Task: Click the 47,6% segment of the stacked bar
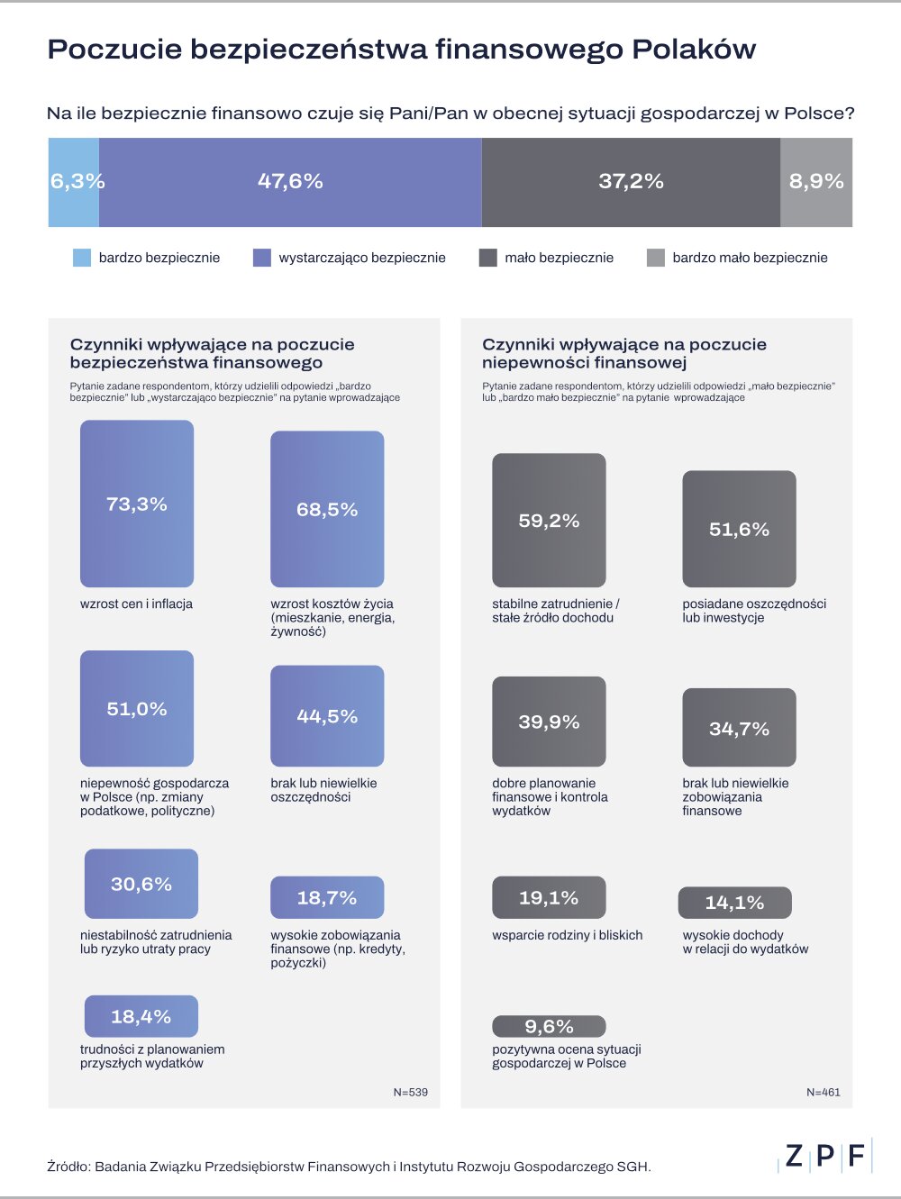click(290, 182)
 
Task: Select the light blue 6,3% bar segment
click(74, 182)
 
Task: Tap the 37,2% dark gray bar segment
click(631, 182)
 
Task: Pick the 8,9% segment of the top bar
click(816, 182)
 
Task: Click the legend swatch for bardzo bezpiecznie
click(82, 259)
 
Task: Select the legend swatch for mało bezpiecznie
click(487, 259)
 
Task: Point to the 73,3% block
click(137, 504)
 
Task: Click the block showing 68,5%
click(327, 510)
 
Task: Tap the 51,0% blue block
click(137, 709)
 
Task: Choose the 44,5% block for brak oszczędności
click(327, 716)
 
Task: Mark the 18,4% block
click(141, 1016)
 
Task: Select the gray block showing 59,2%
click(549, 521)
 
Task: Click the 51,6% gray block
click(739, 529)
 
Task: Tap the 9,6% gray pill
click(549, 1027)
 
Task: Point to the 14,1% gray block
click(734, 903)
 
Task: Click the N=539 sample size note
click(411, 1092)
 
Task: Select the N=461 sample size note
click(824, 1092)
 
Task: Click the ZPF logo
click(824, 1156)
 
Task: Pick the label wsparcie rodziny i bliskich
click(568, 935)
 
